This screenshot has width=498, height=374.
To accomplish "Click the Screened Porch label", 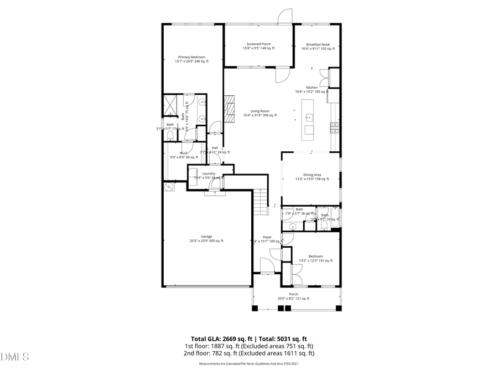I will [x=258, y=46].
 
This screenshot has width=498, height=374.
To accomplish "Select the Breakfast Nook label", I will [x=318, y=46].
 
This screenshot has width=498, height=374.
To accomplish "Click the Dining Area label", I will [x=312, y=177].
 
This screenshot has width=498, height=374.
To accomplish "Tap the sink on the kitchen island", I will [x=309, y=117].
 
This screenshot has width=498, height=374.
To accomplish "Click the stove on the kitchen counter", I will [x=334, y=128].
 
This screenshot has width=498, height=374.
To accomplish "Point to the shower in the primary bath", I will [x=169, y=104].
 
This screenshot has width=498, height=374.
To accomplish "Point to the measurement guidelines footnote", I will [x=248, y=364].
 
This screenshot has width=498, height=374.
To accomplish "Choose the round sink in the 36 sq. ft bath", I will [x=293, y=226].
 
